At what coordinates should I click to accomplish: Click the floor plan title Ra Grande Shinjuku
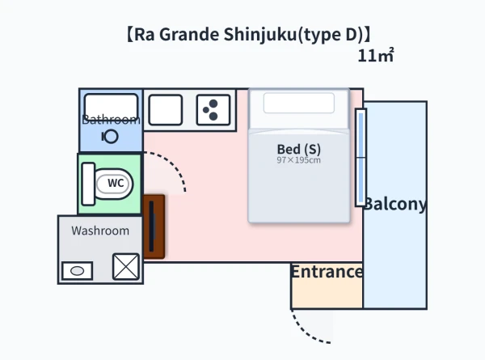coord(248,34)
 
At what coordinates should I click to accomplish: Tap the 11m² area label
coord(376,55)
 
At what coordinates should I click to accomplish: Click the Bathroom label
coord(111,120)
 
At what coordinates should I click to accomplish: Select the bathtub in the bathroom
coord(111,107)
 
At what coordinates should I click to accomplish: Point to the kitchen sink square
coord(166,110)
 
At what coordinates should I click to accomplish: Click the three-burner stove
coord(213,110)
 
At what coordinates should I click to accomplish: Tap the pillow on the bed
coord(299,103)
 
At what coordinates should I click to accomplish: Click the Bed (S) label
coord(299,149)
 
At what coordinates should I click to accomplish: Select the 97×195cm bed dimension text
coord(299,160)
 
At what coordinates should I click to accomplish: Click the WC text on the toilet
coord(116,183)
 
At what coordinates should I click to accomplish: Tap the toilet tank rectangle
coord(88,184)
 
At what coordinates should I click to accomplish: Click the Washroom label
coord(100,231)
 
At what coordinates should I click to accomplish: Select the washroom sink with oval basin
coord(78,271)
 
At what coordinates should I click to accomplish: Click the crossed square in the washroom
coord(126,266)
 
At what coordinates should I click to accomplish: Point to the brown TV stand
coord(154,227)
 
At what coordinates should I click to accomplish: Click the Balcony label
coord(395,204)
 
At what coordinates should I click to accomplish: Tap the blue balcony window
coord(361,158)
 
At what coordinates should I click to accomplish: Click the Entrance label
coord(327,272)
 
